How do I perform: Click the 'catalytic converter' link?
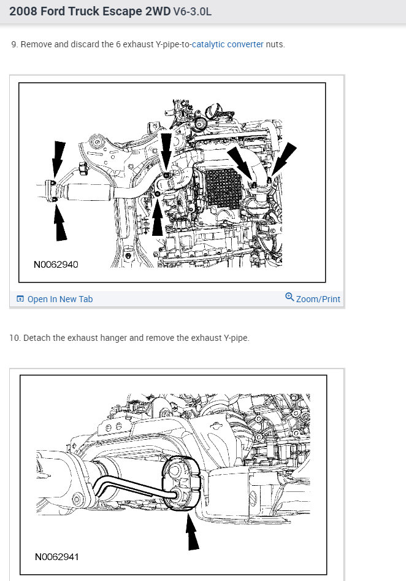(228, 44)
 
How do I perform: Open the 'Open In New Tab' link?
(60, 299)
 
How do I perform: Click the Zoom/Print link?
(318, 299)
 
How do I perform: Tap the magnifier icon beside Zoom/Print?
(289, 297)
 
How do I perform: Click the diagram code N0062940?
(56, 265)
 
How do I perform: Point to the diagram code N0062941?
(56, 557)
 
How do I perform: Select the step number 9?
(14, 44)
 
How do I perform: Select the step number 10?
(15, 338)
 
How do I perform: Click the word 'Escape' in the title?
(122, 12)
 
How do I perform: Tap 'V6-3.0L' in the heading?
(193, 12)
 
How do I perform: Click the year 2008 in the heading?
(23, 12)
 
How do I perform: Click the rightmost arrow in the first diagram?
(284, 159)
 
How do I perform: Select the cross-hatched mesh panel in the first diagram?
(223, 188)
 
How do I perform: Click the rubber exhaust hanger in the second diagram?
(181, 482)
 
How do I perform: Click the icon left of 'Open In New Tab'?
(20, 299)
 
